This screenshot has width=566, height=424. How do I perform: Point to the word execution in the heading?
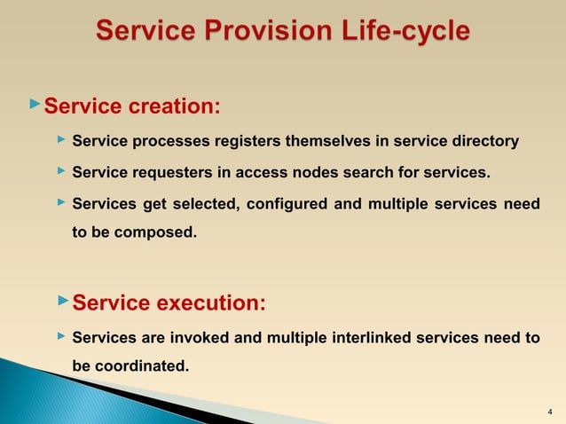[x=210, y=303]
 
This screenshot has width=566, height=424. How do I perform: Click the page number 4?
[x=550, y=412]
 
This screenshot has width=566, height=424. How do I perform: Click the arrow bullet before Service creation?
[x=35, y=106]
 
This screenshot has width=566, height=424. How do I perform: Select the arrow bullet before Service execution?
[x=62, y=302]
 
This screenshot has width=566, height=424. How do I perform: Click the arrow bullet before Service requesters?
[x=59, y=171]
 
